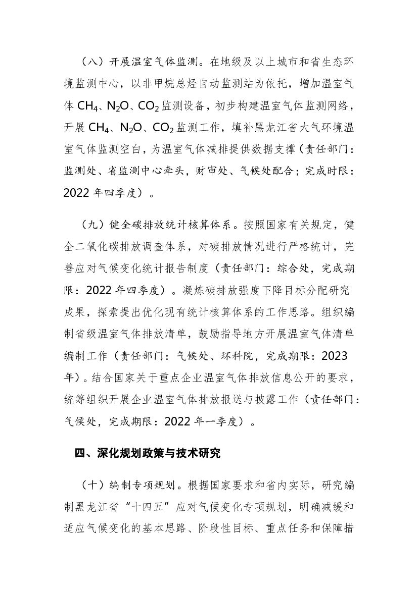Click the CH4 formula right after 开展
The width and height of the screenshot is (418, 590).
click(104, 128)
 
